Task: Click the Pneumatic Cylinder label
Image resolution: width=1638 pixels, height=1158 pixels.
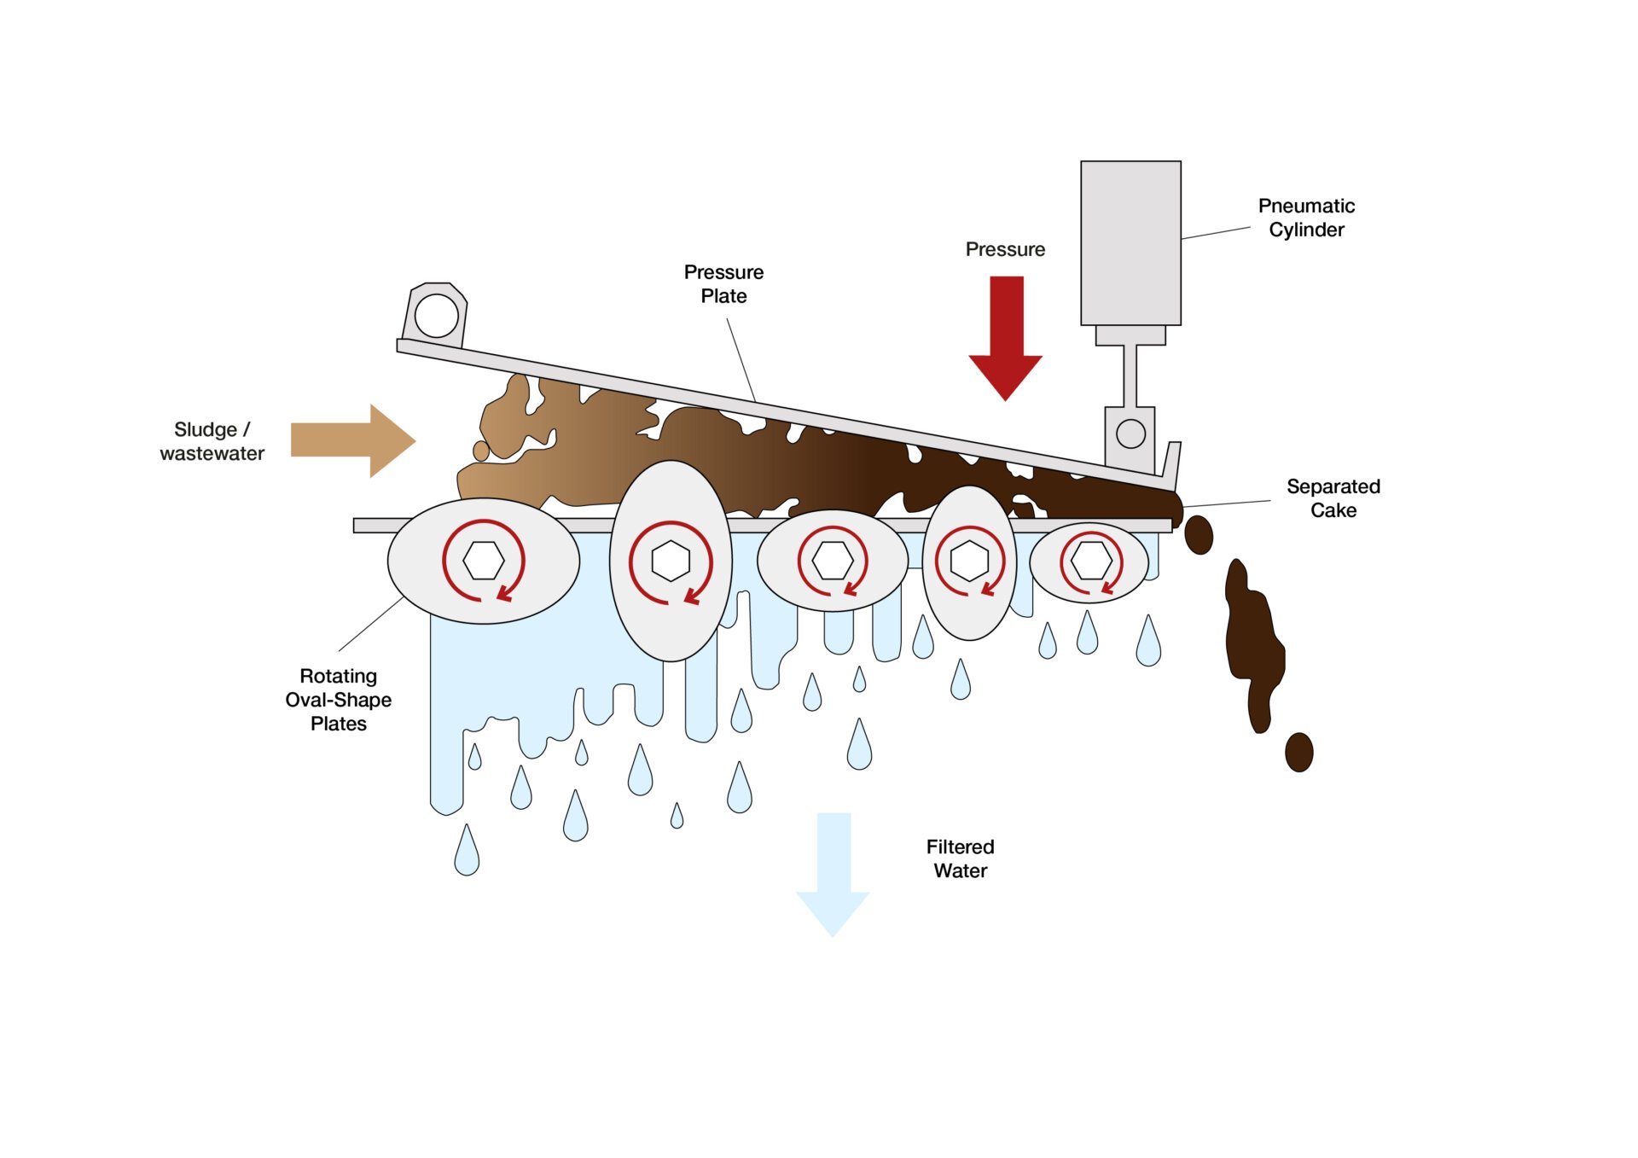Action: (x=1305, y=218)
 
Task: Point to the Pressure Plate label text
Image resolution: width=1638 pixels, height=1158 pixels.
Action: (x=723, y=284)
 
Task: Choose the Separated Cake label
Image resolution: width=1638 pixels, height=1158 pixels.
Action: (x=1333, y=498)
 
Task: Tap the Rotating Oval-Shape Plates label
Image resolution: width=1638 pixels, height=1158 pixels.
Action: (x=339, y=700)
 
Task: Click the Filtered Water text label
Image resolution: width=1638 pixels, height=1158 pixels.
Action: (x=960, y=858)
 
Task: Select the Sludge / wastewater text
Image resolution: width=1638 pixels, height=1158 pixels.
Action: (x=212, y=441)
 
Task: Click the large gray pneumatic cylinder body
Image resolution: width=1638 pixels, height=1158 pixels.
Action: (x=1130, y=242)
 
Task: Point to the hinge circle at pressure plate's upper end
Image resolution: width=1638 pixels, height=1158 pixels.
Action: (x=436, y=315)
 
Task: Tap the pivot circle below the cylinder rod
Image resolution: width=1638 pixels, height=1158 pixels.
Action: (x=1130, y=434)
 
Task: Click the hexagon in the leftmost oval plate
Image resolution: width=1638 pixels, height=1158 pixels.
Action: (x=484, y=561)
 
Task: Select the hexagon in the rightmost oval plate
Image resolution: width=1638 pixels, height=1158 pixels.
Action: (x=1091, y=562)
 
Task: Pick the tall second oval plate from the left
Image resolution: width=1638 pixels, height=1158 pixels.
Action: (x=671, y=614)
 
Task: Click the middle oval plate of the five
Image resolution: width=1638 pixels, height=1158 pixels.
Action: (x=832, y=589)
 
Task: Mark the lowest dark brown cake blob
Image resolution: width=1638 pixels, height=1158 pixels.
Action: (x=1298, y=752)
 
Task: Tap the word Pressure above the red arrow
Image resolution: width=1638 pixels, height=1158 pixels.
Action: (x=1005, y=249)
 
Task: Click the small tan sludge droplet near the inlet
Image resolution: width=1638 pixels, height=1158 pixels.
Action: (x=481, y=451)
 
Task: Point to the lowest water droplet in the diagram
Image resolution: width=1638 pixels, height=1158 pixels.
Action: (x=467, y=851)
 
